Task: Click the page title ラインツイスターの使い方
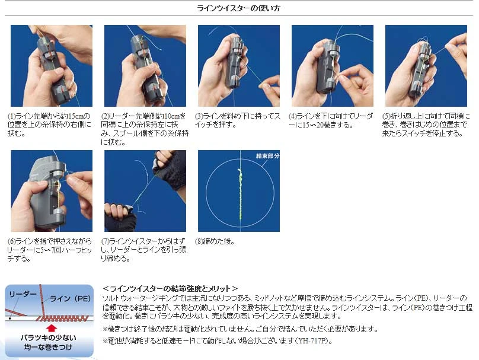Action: (x=238, y=8)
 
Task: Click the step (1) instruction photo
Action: (x=52, y=66)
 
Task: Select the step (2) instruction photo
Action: (x=145, y=66)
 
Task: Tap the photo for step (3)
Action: (x=239, y=66)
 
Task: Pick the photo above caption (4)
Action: (x=333, y=66)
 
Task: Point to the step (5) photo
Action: (x=426, y=66)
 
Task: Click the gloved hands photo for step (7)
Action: (x=145, y=191)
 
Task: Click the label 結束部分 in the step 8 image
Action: (x=267, y=156)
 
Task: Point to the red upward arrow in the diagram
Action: (x=52, y=328)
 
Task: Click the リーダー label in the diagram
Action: (x=23, y=294)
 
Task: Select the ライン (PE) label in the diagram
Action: (x=70, y=298)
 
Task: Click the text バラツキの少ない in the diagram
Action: (x=49, y=337)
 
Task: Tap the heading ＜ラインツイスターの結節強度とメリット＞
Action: (x=170, y=288)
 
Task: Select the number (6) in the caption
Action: (x=12, y=241)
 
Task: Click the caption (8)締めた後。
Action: (x=215, y=241)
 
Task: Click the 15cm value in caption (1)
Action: (x=75, y=116)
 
